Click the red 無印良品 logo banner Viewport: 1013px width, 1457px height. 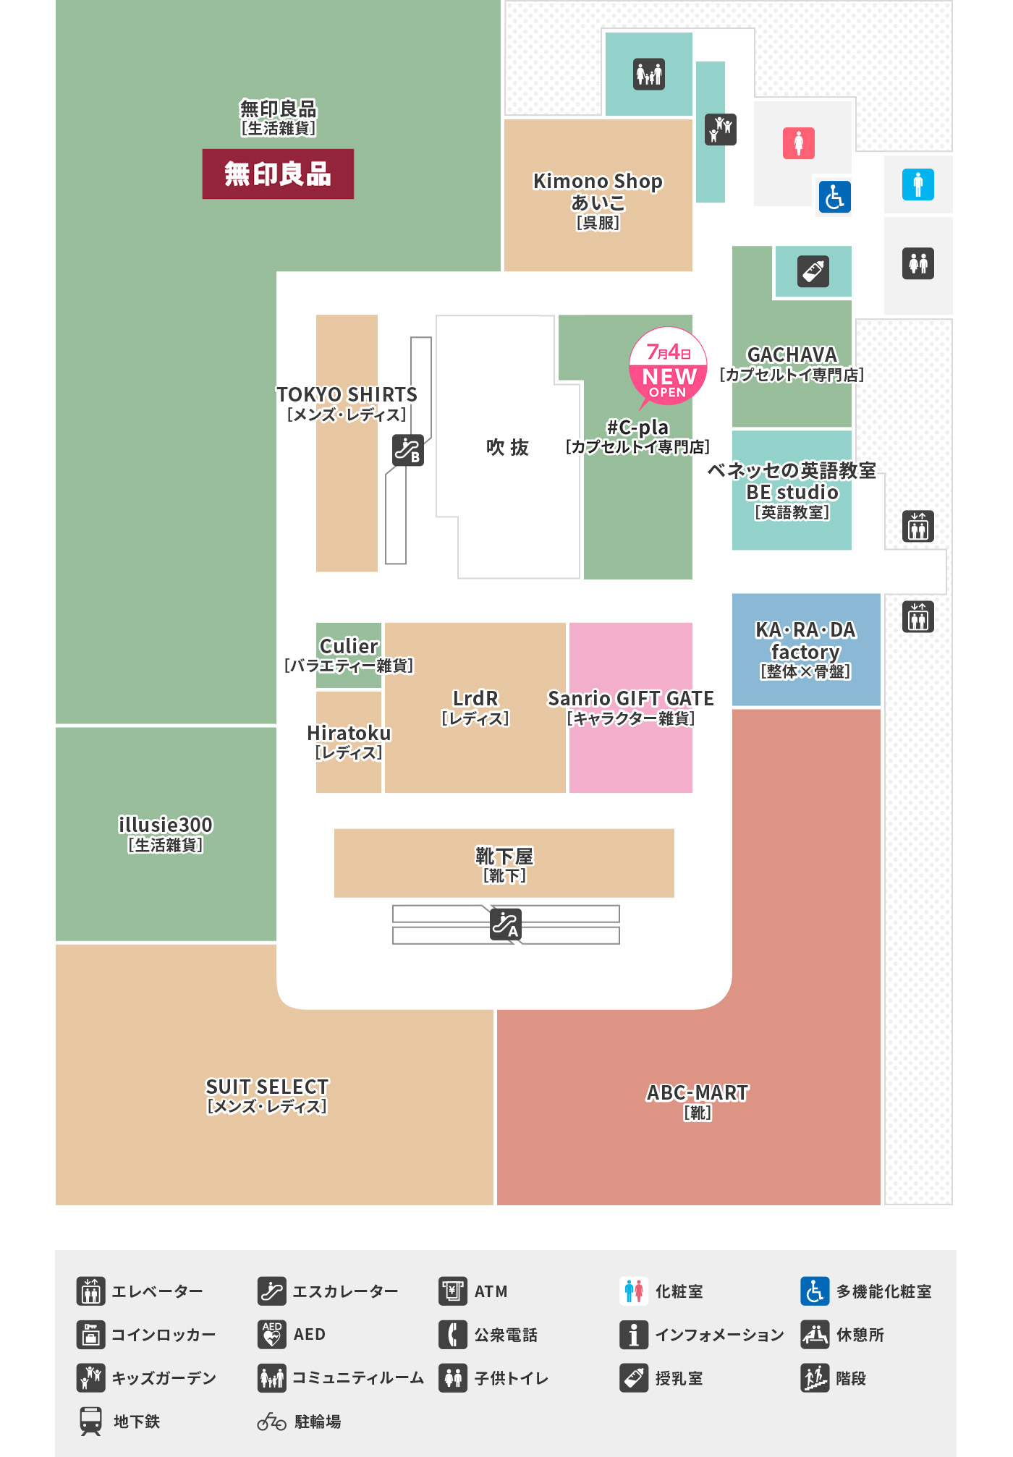coord(278,174)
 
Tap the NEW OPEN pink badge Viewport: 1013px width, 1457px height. coord(668,368)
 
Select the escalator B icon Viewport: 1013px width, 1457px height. coord(408,450)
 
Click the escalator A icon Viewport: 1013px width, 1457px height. coord(505,924)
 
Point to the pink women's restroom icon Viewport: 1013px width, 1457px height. coord(799,143)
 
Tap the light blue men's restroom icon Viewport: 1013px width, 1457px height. coord(918,184)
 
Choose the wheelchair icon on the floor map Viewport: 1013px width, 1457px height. coord(834,197)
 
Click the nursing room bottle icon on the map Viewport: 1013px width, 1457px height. coord(813,272)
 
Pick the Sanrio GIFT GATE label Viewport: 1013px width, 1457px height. coord(631,699)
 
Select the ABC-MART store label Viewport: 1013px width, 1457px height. coord(698,1092)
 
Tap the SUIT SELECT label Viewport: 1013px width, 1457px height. coord(267,1087)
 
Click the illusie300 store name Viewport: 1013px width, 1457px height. coord(166,825)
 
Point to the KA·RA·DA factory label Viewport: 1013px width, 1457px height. coord(805,641)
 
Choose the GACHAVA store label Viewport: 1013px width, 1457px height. coord(792,354)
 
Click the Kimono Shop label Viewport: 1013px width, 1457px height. coord(598,181)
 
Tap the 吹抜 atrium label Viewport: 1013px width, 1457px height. coord(507,447)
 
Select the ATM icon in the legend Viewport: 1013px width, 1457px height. coord(453,1291)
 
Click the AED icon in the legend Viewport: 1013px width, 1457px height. coord(272,1335)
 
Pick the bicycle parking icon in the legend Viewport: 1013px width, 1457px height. coord(272,1422)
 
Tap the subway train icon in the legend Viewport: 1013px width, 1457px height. coord(91,1422)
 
